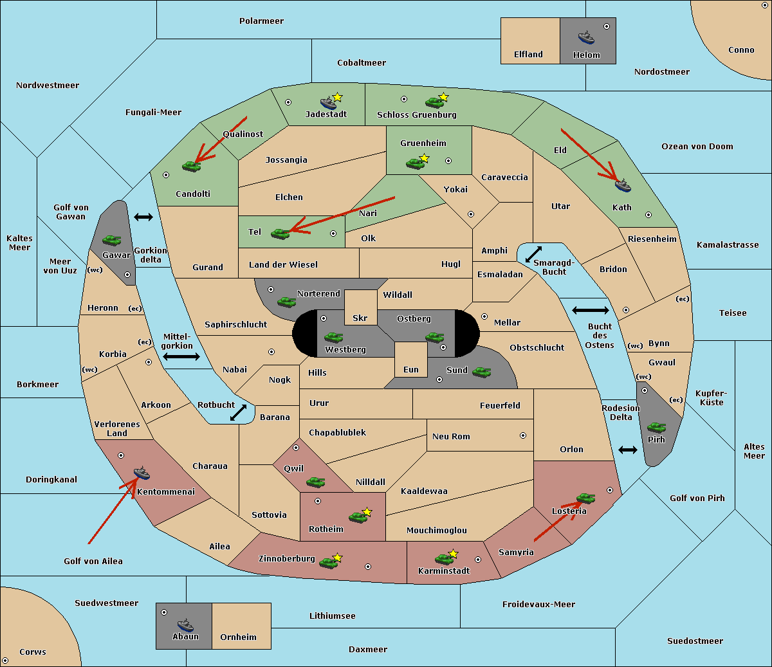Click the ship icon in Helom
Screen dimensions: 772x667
586,37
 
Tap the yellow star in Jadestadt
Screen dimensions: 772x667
337,97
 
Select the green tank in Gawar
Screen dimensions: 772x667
111,240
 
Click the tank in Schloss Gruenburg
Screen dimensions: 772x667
434,102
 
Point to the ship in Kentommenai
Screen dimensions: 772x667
142,473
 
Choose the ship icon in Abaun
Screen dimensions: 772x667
185,625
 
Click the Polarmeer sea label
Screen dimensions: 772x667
261,21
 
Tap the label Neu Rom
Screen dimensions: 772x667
451,436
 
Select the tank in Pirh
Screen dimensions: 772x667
656,427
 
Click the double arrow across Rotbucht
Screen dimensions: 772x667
238,413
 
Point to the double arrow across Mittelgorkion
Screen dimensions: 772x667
181,357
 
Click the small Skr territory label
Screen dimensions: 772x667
360,318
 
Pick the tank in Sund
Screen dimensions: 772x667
481,372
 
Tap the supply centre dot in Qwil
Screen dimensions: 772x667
296,448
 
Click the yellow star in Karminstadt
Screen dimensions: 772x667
453,553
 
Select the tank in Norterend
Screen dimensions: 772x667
286,302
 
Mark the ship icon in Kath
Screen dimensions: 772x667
623,185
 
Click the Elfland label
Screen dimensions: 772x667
528,55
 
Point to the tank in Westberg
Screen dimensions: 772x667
333,337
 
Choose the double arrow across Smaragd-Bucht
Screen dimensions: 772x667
533,254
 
